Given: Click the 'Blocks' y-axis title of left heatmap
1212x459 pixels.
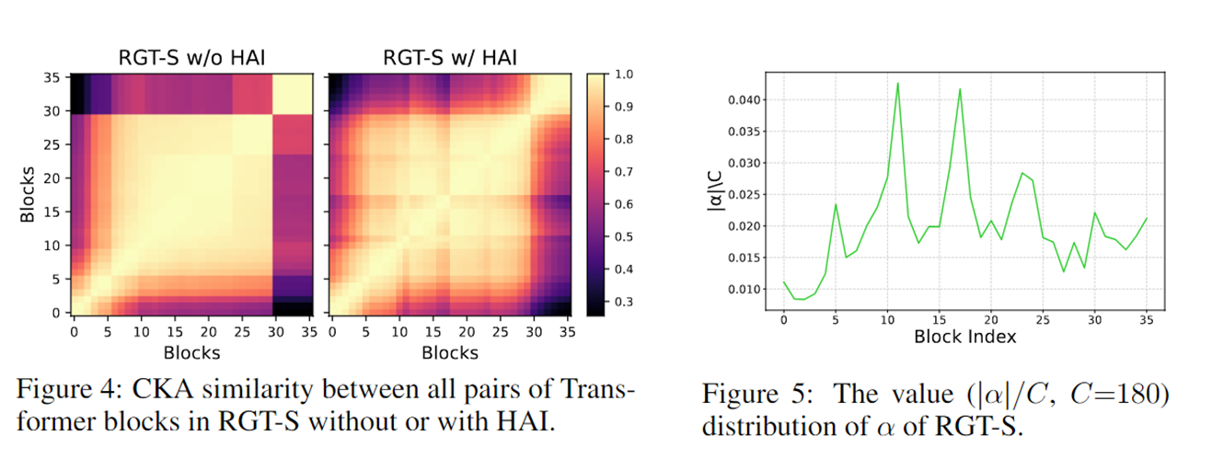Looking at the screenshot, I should click(29, 194).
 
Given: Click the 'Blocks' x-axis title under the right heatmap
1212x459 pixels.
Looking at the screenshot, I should click(450, 352).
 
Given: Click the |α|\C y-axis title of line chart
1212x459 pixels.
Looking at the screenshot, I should click(716, 195).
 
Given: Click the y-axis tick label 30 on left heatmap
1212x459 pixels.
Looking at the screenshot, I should click(52, 111).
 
